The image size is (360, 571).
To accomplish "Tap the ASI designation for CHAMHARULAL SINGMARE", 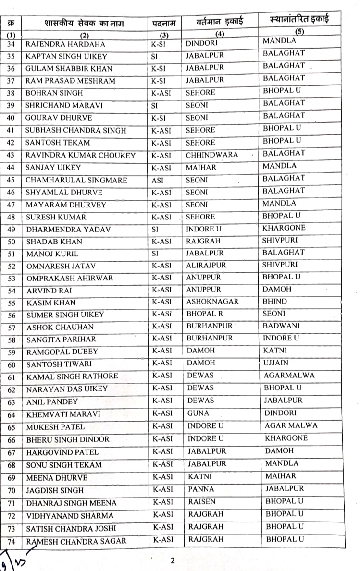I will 158,180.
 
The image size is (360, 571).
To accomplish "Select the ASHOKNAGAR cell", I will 212,303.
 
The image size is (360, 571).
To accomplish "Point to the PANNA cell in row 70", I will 201,489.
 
